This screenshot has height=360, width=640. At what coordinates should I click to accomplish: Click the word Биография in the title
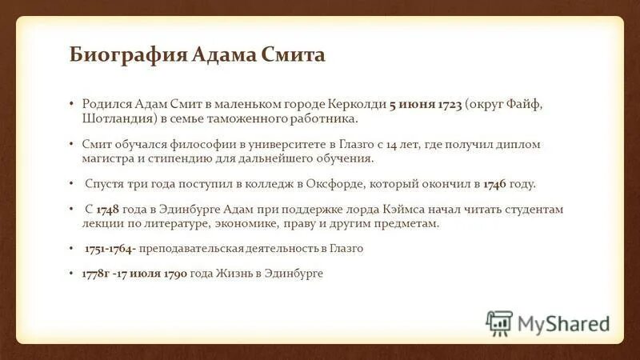pyautogui.click(x=129, y=56)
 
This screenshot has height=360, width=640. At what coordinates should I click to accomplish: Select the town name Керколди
pyautogui.click(x=357, y=105)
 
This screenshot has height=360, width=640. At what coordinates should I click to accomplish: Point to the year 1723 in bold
pyautogui.click(x=447, y=105)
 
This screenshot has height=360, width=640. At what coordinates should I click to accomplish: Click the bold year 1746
pyautogui.click(x=495, y=183)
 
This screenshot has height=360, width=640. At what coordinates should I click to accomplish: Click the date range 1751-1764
pyautogui.click(x=110, y=248)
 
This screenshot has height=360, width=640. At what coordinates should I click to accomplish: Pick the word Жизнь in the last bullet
pyautogui.click(x=238, y=274)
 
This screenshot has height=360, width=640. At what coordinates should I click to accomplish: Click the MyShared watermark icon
pyautogui.click(x=498, y=322)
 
